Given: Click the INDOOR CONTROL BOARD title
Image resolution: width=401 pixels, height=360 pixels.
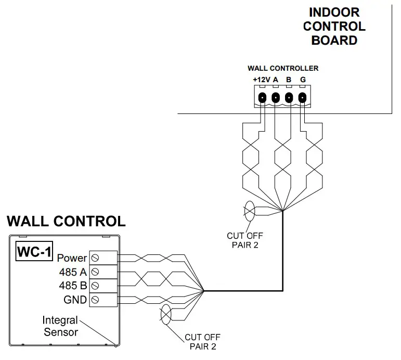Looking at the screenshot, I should click(x=334, y=26).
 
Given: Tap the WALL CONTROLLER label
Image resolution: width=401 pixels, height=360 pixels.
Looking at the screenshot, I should click(x=283, y=68).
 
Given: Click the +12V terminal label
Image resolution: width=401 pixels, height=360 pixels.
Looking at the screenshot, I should click(x=261, y=79).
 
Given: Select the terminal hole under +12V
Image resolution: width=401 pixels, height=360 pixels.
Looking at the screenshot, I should click(x=263, y=97).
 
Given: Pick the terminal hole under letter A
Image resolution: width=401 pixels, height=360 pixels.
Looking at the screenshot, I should click(x=276, y=97).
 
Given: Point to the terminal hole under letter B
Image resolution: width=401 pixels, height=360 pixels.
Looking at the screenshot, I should click(x=289, y=97).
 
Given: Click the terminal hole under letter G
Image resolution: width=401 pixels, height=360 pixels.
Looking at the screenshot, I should click(x=302, y=97).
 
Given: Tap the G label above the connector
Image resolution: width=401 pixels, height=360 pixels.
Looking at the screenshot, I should click(x=303, y=79).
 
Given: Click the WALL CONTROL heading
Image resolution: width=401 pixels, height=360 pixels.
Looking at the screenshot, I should click(x=66, y=221).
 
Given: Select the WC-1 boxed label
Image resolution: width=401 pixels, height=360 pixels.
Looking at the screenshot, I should click(x=35, y=252).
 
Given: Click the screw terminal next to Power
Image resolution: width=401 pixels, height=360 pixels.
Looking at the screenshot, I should click(x=95, y=258).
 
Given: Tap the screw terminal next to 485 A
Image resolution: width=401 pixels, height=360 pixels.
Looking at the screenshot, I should click(x=95, y=271).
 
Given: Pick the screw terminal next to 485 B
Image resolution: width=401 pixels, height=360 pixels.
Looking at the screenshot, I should click(x=95, y=285).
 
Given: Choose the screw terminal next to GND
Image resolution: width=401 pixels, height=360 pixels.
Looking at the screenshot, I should click(x=95, y=299).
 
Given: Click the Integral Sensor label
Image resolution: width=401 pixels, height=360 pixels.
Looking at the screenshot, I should click(x=60, y=326).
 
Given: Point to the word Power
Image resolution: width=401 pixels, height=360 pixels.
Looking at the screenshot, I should click(x=72, y=258).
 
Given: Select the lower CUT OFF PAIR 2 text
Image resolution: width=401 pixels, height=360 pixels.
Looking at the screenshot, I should click(x=203, y=341).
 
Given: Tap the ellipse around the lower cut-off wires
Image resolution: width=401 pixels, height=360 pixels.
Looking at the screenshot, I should click(x=166, y=315).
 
